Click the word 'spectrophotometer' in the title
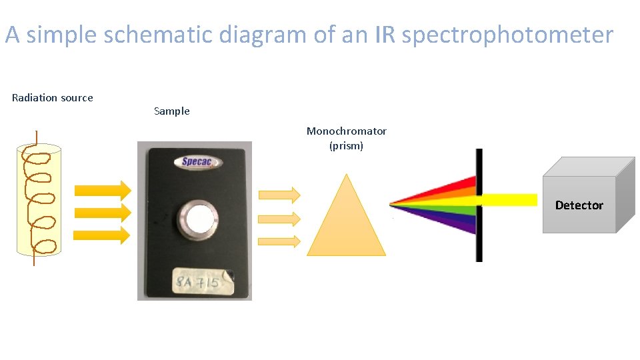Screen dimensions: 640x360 (x=507, y=35)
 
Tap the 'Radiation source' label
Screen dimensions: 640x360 (x=53, y=98)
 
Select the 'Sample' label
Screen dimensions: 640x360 (x=172, y=111)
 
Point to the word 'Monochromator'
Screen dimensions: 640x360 (x=347, y=131)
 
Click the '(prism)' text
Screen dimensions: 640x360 (x=347, y=145)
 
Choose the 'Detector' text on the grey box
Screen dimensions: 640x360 (x=579, y=205)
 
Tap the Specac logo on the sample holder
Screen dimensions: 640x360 (x=197, y=162)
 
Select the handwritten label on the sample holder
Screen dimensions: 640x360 (x=199, y=282)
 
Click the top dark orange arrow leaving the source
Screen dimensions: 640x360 (x=103, y=190)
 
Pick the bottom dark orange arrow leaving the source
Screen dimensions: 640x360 (x=103, y=235)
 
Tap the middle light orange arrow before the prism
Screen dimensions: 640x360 (x=279, y=218)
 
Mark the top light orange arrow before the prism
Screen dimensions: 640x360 (x=279, y=195)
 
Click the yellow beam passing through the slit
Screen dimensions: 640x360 (x=509, y=199)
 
